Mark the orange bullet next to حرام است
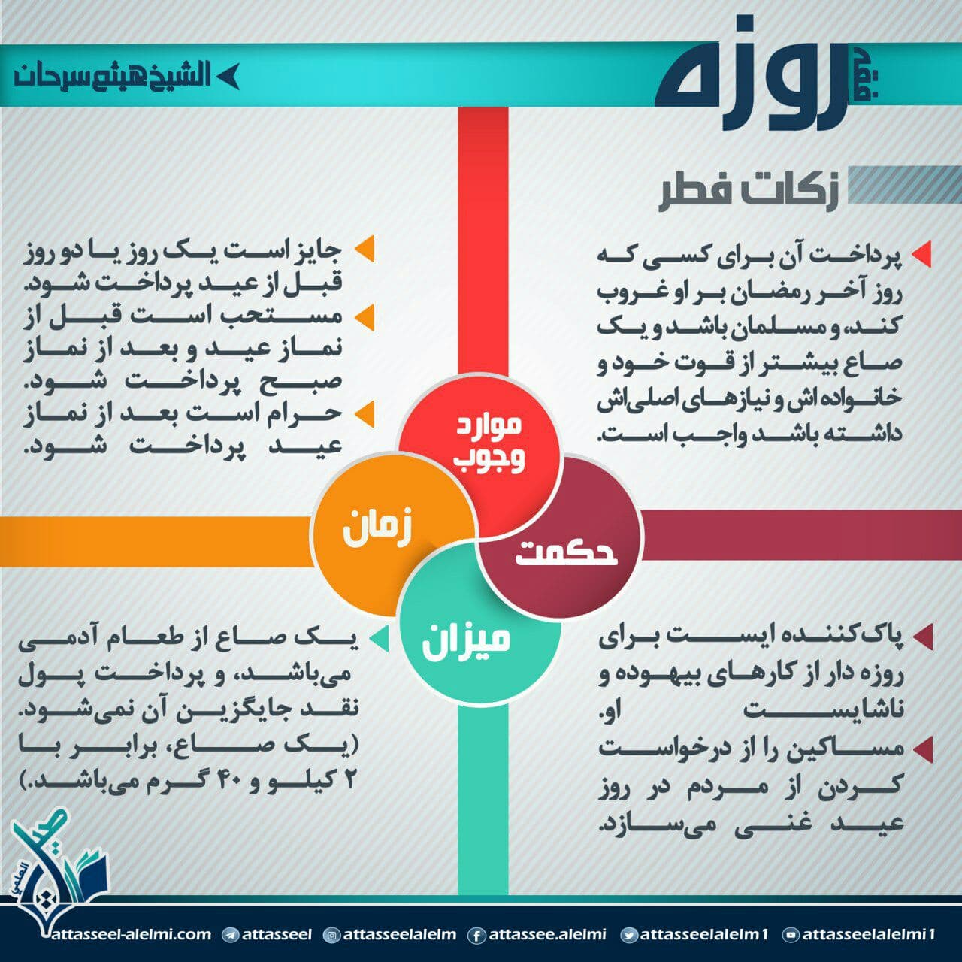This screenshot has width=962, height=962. click(365, 414)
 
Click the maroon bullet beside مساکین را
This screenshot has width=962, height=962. click(923, 749)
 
